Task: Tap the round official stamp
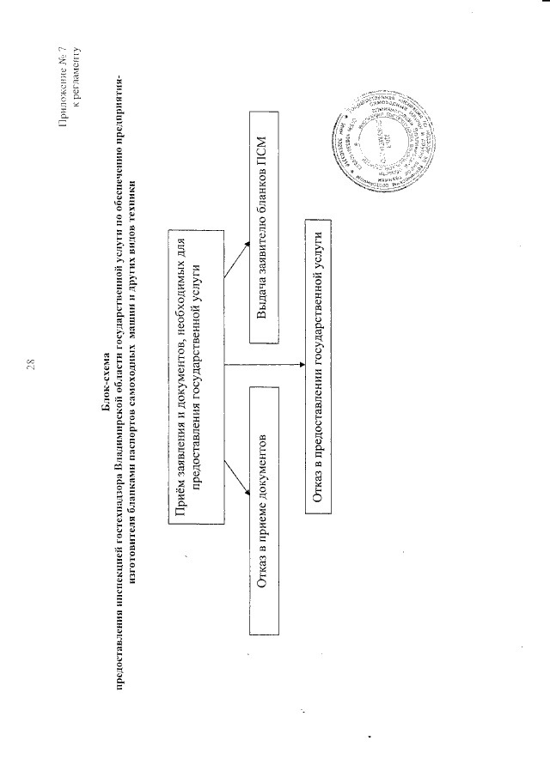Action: point(386,141)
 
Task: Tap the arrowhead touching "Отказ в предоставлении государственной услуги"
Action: point(300,365)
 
